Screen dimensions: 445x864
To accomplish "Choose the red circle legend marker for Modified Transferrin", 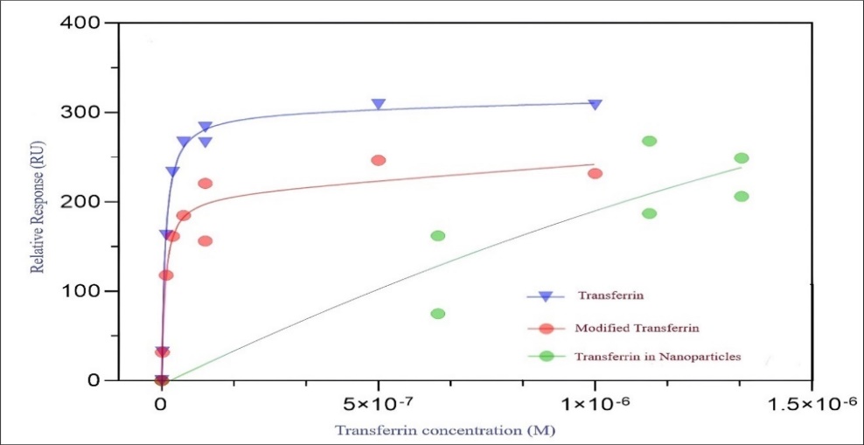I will [546, 328].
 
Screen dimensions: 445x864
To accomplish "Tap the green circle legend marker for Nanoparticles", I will [546, 357].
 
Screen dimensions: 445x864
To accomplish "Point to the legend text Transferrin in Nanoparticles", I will [658, 357].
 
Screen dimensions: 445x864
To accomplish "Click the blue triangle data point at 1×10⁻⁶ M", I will [595, 105].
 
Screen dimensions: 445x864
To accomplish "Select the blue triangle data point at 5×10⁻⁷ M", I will [379, 105].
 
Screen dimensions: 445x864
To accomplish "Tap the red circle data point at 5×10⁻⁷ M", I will [379, 160].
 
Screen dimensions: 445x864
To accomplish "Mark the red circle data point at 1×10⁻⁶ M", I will [595, 173].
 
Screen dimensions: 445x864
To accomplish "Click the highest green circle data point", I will [649, 141].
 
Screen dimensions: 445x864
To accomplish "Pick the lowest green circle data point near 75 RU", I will [438, 314].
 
